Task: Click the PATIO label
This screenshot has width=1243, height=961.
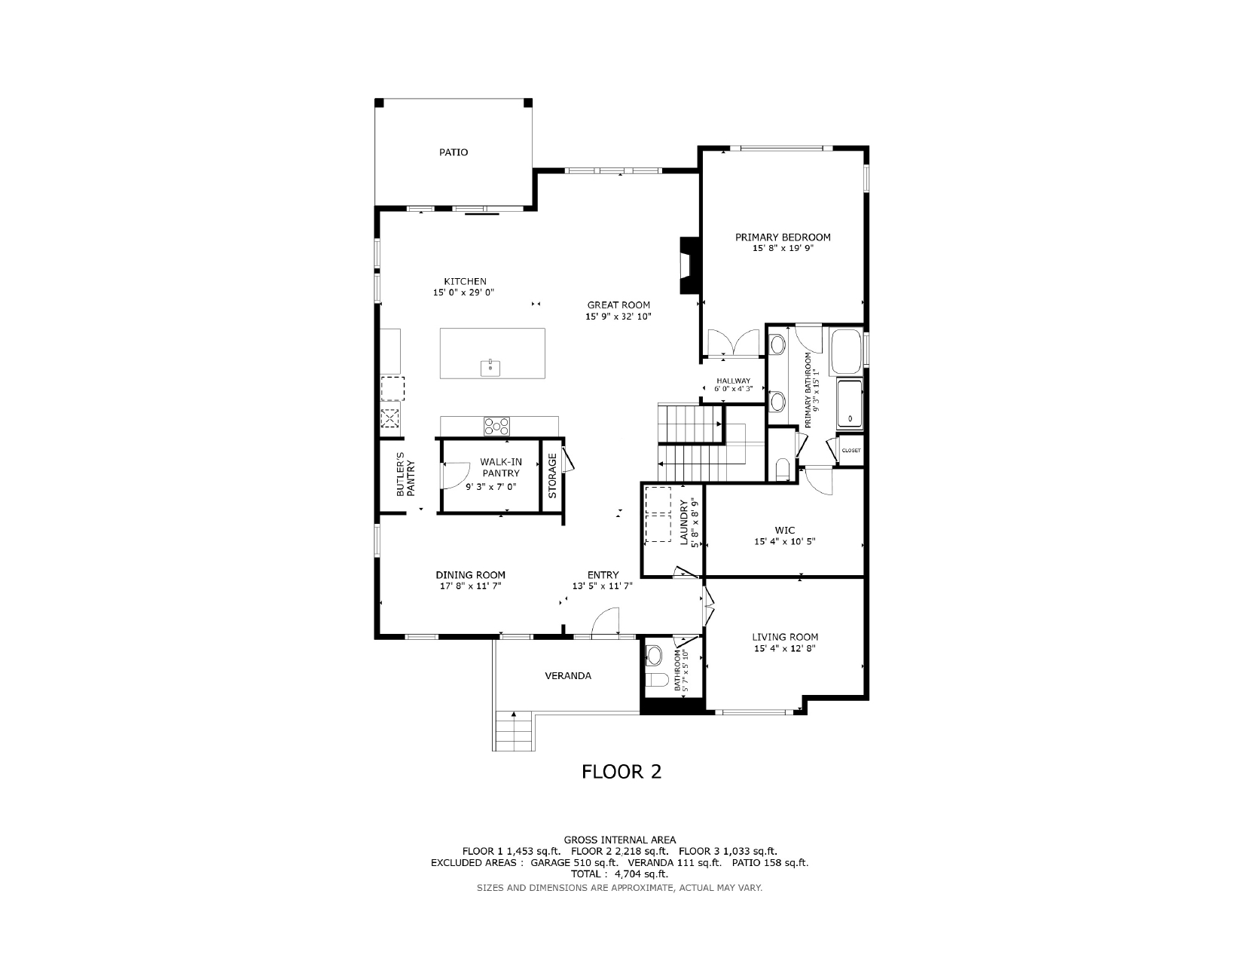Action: click(x=453, y=152)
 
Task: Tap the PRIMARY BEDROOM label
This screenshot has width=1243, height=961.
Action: click(x=783, y=237)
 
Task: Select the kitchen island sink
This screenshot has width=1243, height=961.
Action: click(x=490, y=368)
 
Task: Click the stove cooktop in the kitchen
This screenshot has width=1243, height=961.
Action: click(x=496, y=427)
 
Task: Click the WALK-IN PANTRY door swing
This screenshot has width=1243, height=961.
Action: click(x=455, y=476)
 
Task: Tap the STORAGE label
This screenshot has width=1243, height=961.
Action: click(x=553, y=476)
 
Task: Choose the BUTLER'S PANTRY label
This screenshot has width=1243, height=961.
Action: click(x=405, y=475)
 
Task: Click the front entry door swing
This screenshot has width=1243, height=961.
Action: click(x=605, y=622)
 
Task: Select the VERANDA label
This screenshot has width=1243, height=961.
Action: click(x=568, y=676)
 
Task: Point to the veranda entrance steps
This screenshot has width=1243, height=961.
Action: click(x=514, y=731)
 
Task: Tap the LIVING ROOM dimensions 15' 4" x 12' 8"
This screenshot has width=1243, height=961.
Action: click(x=785, y=648)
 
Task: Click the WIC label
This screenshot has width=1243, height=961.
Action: click(x=785, y=530)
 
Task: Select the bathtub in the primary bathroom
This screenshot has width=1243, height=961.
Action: click(x=847, y=351)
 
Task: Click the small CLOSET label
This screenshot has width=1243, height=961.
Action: click(x=851, y=451)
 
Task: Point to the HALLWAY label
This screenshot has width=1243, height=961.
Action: click(x=733, y=381)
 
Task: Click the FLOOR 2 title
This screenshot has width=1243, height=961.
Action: click(x=621, y=772)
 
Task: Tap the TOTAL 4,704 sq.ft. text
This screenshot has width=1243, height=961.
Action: click(x=619, y=874)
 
